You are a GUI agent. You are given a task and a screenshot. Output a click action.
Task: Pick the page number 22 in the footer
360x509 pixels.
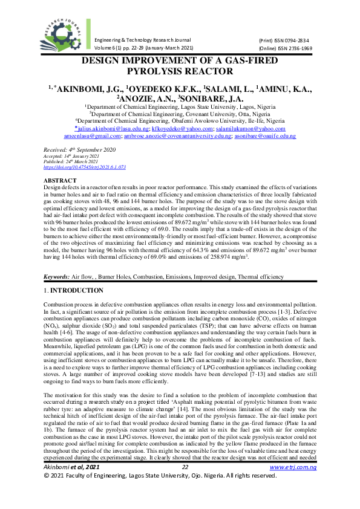(186, 484)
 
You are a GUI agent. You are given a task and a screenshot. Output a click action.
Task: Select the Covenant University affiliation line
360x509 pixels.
(180, 112)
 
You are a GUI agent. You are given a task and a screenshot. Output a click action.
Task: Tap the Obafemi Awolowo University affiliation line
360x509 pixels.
(180, 120)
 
